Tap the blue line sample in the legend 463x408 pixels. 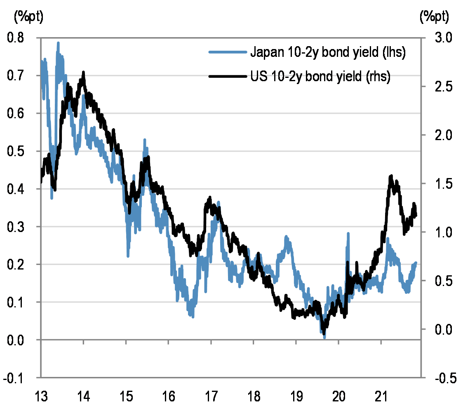click(228, 52)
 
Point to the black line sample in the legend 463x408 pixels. click(228, 76)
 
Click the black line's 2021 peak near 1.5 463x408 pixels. click(391, 177)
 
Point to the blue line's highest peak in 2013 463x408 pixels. click(58, 43)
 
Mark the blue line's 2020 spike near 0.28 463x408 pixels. click(348, 234)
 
